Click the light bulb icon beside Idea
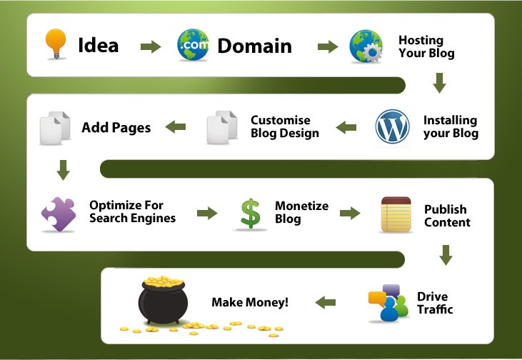pyautogui.click(x=54, y=45)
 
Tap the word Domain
pyautogui.click(x=254, y=46)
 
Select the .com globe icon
pyautogui.click(x=194, y=46)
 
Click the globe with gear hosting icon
pyautogui.click(x=367, y=46)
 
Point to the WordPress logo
pyautogui.click(x=393, y=127)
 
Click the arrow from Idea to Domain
pyautogui.click(x=150, y=47)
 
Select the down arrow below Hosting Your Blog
pyautogui.click(x=440, y=84)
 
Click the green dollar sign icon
pyautogui.click(x=250, y=214)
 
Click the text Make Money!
pyautogui.click(x=250, y=302)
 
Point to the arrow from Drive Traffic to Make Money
pyautogui.click(x=326, y=302)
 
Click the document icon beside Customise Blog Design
pyautogui.click(x=222, y=129)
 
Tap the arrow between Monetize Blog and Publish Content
pyautogui.click(x=350, y=213)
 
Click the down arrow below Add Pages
pyautogui.click(x=63, y=170)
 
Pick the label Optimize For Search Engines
pyautogui.click(x=132, y=211)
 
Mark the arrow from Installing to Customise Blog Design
pyautogui.click(x=346, y=128)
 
